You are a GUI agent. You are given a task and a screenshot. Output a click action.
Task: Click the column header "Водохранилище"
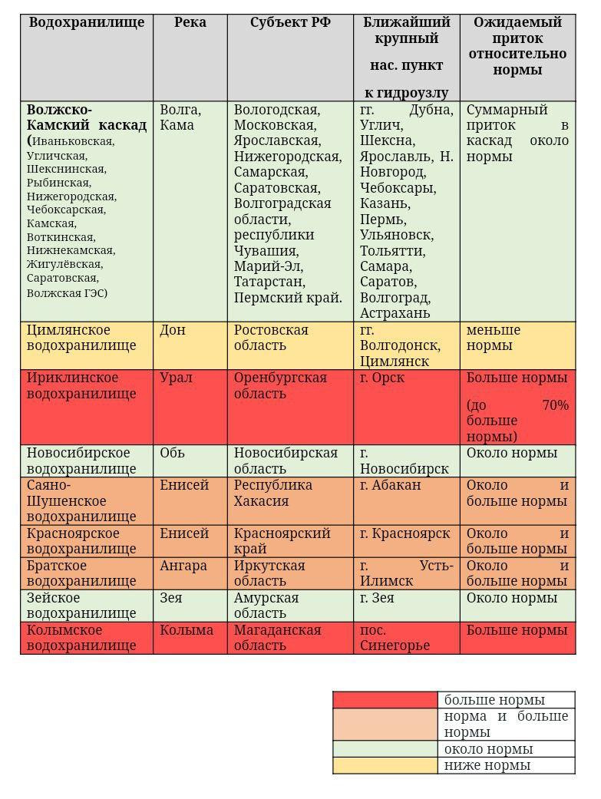tap(87, 22)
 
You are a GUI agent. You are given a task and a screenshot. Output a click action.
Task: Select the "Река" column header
tap(190, 22)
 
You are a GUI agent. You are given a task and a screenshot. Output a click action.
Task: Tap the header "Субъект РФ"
tap(290, 22)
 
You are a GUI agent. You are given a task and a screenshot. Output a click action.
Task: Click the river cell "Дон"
tap(172, 330)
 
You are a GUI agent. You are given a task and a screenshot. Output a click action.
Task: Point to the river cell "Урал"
tap(176, 378)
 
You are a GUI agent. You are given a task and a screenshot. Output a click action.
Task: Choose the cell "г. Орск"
tap(381, 378)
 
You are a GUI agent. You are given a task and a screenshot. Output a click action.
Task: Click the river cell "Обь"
tap(172, 453)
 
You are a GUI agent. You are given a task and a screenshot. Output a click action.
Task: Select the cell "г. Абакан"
tap(391, 485)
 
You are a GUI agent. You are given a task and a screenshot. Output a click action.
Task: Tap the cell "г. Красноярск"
tap(405, 533)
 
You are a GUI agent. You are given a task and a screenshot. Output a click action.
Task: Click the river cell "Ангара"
tap(183, 566)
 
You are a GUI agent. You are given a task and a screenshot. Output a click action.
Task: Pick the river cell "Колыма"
tap(187, 630)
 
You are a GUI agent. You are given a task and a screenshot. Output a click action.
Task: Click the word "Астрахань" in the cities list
tap(395, 313)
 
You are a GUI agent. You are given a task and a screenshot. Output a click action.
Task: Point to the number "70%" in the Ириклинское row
tap(555, 405)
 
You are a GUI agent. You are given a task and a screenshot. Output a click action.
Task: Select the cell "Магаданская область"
tap(277, 638)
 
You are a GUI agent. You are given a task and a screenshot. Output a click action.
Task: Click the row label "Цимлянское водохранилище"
tap(81, 338)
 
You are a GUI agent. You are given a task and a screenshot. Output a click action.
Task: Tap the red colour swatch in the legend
tap(385, 700)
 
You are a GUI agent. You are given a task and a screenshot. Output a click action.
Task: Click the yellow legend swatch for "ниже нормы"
tap(385, 765)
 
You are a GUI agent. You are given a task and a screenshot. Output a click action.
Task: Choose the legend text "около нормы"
tap(488, 749)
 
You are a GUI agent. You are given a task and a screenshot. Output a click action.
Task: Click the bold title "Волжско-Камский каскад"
tap(87, 117)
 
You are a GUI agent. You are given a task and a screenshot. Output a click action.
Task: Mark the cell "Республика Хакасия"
tap(272, 493)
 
